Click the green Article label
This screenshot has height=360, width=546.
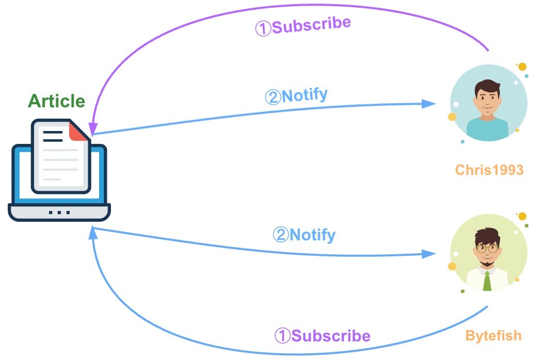pyautogui.click(x=56, y=101)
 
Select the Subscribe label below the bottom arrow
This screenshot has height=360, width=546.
pyautogui.click(x=322, y=336)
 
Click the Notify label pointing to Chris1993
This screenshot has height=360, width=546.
pyautogui.click(x=296, y=96)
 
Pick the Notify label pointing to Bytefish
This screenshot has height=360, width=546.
pyautogui.click(x=304, y=235)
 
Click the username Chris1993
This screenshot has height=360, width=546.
pyautogui.click(x=489, y=170)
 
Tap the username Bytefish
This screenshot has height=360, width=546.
pyautogui.click(x=493, y=336)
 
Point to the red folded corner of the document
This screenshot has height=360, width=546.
pyautogui.click(x=78, y=132)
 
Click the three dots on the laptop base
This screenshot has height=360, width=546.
pyautogui.click(x=59, y=212)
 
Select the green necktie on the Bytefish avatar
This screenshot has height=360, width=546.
pyautogui.click(x=487, y=281)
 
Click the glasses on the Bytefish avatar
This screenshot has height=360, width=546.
pyautogui.click(x=487, y=249)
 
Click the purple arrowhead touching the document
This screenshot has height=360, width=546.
pyautogui.click(x=92, y=129)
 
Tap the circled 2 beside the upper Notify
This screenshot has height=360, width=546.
pyautogui.click(x=272, y=97)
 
